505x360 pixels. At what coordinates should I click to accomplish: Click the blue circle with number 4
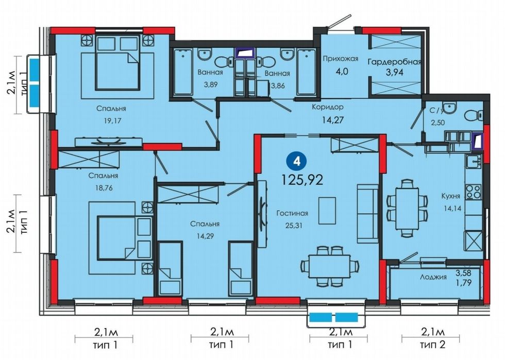(297, 161)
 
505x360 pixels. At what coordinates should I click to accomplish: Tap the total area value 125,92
(302, 180)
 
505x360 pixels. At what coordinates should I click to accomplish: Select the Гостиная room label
(293, 213)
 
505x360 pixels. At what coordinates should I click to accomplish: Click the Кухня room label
(450, 196)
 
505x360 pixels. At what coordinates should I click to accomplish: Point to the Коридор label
(328, 107)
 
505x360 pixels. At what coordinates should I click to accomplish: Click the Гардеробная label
(395, 62)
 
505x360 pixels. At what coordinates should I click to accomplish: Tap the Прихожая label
(341, 59)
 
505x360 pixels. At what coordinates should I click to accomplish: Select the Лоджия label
(433, 277)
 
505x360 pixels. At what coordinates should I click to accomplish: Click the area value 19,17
(111, 121)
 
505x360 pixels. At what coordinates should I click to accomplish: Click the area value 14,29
(206, 236)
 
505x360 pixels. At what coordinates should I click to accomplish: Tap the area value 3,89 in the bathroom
(210, 85)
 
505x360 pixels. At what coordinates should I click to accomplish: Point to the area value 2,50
(437, 123)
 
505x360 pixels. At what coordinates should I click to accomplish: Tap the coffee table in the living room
(327, 210)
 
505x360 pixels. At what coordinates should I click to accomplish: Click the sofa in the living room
(367, 214)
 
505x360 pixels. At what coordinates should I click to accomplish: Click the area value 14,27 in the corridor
(333, 120)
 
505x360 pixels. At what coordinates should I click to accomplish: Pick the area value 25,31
(292, 225)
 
